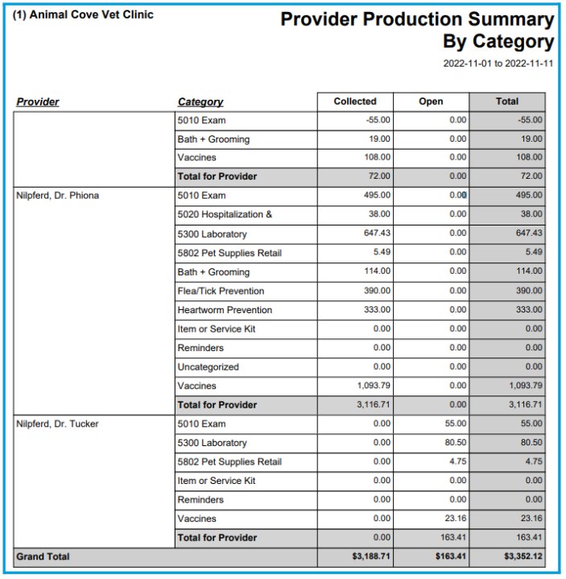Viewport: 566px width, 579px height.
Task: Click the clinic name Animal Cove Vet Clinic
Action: [x=91, y=14]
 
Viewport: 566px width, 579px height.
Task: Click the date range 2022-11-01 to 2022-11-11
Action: [x=498, y=64]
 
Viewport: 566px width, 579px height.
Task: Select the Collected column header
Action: [x=355, y=101]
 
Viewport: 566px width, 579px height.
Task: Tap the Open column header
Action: [x=431, y=101]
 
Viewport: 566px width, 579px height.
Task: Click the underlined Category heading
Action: [x=200, y=102]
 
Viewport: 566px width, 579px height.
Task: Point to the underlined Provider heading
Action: [x=38, y=102]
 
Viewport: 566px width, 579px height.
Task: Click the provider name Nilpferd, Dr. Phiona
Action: [x=58, y=196]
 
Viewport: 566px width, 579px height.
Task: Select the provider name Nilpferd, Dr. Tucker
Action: [x=57, y=424]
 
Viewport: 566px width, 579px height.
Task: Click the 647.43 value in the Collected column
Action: [x=377, y=233]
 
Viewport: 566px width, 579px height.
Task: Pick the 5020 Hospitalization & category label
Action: [x=225, y=214]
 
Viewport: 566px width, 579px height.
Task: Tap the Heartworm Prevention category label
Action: [x=225, y=310]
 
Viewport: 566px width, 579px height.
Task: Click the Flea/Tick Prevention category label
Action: [x=221, y=291]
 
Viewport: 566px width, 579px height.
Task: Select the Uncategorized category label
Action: [x=209, y=367]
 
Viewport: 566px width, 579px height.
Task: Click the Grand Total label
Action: [x=43, y=556]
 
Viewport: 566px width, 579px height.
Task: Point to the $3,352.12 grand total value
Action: [x=523, y=556]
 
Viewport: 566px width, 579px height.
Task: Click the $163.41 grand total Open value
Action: [x=450, y=556]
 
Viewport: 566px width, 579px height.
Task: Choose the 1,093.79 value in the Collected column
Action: [x=374, y=386]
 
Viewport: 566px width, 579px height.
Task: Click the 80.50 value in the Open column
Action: [x=456, y=442]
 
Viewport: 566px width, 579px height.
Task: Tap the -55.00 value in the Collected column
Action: [x=378, y=120]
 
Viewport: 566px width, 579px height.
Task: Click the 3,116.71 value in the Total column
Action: [x=526, y=404]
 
